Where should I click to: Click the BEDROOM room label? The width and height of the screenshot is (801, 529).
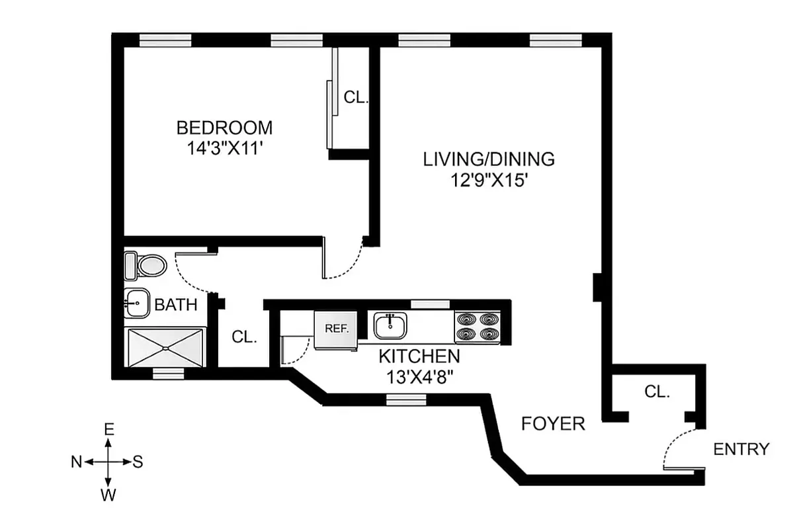tap(224, 127)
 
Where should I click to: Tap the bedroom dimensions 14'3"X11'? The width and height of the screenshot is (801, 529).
tap(224, 148)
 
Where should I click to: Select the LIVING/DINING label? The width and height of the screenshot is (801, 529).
tap(489, 159)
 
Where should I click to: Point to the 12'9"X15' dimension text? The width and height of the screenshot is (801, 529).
tap(489, 180)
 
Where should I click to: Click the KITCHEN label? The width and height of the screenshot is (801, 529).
tap(419, 356)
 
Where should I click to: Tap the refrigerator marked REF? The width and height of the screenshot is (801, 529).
tap(335, 329)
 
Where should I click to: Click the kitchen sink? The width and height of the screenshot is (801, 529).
tap(390, 326)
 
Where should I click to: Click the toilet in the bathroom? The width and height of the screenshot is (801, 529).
tap(147, 266)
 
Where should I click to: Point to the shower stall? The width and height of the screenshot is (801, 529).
tap(167, 346)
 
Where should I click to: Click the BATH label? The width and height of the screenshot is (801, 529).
tap(175, 305)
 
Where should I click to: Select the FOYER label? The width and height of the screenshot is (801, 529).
tap(553, 424)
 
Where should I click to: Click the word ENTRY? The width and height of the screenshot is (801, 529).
tap(741, 449)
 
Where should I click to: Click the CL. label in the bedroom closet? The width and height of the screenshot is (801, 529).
tap(355, 98)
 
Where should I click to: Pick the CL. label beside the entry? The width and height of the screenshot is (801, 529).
tap(657, 391)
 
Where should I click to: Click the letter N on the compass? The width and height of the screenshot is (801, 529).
tap(76, 462)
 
